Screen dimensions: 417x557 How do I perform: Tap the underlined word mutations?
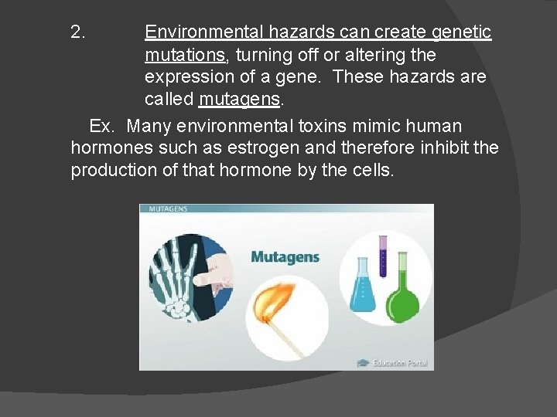(185, 55)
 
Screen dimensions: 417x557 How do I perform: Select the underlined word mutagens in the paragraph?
(241, 100)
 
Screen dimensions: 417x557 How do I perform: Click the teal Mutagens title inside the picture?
(285, 257)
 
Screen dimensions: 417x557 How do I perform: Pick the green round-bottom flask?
(403, 297)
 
